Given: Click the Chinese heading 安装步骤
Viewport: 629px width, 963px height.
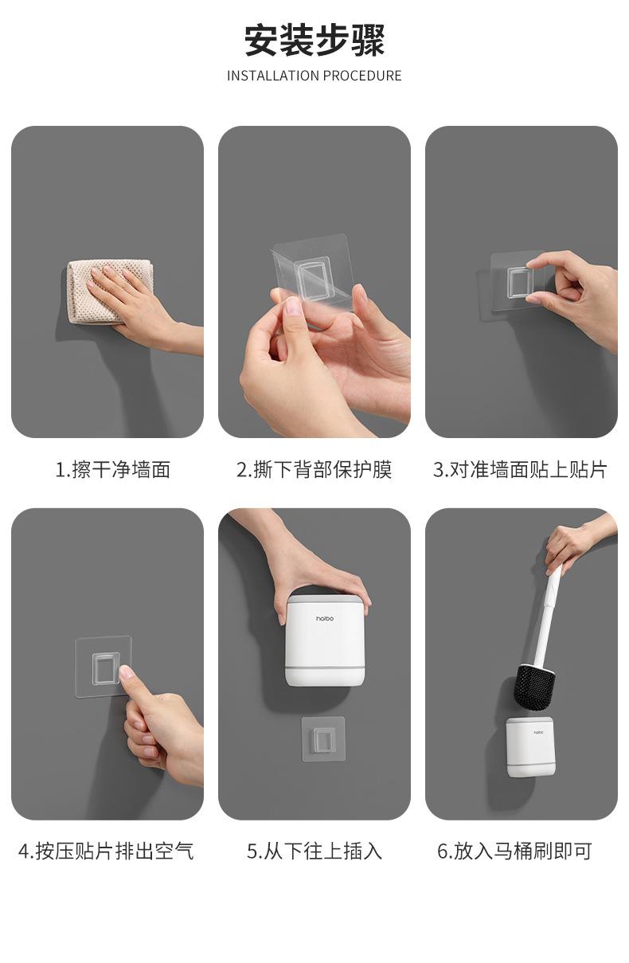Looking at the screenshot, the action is pos(314,41).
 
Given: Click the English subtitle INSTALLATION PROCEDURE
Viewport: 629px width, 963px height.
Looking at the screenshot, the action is pos(314,76).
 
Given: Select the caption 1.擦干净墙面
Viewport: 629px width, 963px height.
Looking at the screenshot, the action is pos(113,469).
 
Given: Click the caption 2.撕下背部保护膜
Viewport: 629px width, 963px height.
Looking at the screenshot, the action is pos(314,469).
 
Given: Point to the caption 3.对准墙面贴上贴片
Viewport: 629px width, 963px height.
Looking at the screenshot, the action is pos(520,469).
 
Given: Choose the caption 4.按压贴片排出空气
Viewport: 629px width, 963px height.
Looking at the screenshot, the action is pos(106,851).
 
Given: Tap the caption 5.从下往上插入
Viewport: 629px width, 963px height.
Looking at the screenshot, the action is pos(314,851).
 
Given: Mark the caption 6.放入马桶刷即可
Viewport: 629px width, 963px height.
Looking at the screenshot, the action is pos(514,851).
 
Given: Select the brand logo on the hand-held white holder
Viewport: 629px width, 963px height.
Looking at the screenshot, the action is pos(324,618).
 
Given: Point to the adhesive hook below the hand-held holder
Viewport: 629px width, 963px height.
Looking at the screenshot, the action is pos(323,738).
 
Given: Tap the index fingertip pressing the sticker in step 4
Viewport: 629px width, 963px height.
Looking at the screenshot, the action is pos(127,671).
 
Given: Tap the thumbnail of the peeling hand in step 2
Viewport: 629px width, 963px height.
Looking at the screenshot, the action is pos(294,307).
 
